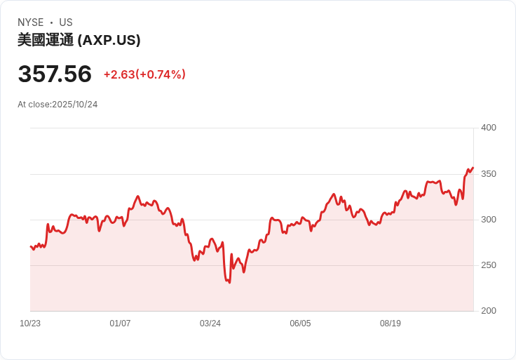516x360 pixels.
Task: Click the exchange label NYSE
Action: (31, 22)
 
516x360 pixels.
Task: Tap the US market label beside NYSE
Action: (66, 22)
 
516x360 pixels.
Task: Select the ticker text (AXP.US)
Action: (109, 40)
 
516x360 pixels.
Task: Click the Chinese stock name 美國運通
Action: (45, 40)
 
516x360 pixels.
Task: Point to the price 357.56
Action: (55, 74)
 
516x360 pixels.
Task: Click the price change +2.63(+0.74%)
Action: (144, 74)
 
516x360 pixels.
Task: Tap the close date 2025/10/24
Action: (74, 105)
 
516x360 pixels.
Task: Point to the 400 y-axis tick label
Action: (488, 128)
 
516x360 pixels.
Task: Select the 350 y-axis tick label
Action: (488, 173)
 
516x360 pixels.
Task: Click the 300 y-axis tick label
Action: (488, 220)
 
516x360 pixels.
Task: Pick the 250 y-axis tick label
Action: (488, 265)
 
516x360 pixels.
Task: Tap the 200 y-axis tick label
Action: (488, 311)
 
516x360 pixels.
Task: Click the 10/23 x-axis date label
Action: (30, 324)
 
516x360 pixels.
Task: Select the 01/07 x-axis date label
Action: (120, 324)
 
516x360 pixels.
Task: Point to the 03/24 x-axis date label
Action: (210, 324)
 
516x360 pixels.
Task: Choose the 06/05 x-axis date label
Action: (300, 324)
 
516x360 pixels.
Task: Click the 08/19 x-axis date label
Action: (391, 324)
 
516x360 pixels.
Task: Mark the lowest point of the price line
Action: (229, 282)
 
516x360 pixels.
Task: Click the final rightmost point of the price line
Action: (473, 168)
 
